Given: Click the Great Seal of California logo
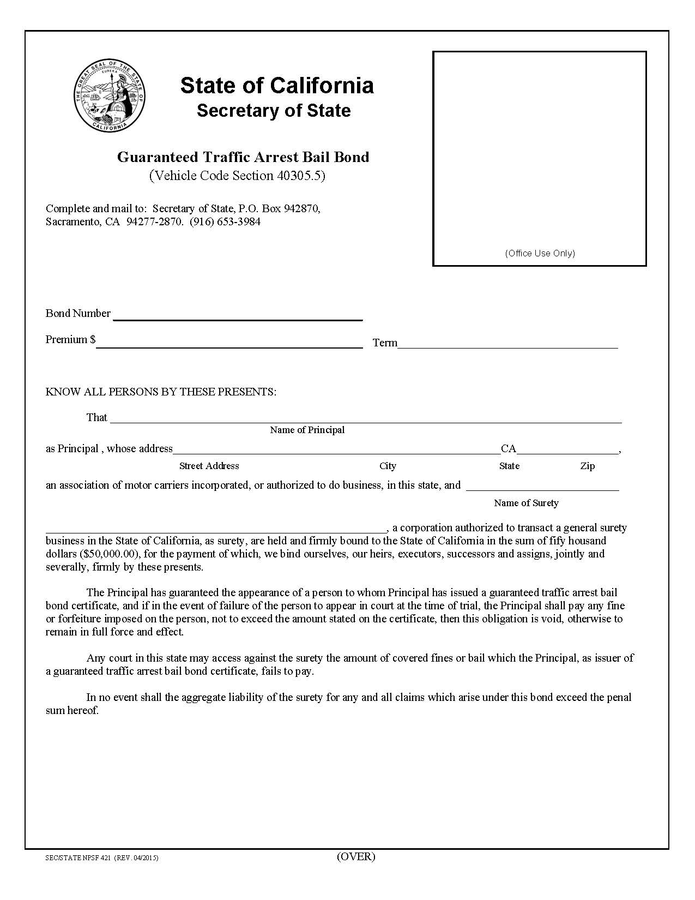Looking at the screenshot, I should pos(110,96).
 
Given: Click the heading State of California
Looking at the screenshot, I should pos(277,86).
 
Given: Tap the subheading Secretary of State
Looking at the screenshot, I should pos(274,111).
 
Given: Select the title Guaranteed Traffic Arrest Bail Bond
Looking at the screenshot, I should pos(243,157).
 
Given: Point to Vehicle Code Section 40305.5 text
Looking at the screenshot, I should pos(238,176).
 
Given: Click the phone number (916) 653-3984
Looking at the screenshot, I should pos(225,222).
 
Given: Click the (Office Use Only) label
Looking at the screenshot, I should pos(540,253).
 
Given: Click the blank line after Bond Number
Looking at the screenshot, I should pos(238,315).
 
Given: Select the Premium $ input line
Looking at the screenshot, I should pos(229,343).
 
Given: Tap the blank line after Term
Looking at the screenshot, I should pos(507,343).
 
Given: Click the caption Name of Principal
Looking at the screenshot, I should pos(307,430).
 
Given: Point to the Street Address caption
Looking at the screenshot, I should pos(209,466).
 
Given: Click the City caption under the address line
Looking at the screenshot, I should pos(388,466).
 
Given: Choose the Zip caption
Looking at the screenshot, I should pos(587,466).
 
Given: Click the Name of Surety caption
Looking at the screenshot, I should pos(526,503).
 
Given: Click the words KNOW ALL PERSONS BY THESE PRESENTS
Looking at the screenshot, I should pos(161,392).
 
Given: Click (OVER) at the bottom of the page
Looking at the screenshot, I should pos(356,856).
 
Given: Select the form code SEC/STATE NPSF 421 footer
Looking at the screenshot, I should pos(102,858).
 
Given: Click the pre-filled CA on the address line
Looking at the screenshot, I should pos(508,449).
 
